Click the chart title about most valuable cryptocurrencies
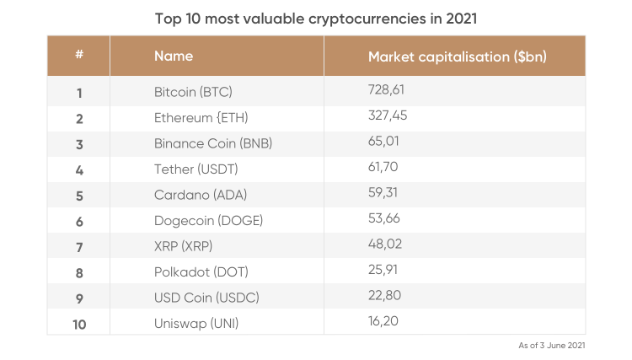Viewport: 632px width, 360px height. pyautogui.click(x=316, y=17)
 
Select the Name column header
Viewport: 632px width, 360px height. pyautogui.click(x=174, y=56)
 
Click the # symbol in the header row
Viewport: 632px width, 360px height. pyautogui.click(x=78, y=56)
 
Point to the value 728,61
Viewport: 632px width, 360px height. pyautogui.click(x=388, y=89)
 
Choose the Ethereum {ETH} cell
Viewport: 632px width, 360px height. pyautogui.click(x=201, y=117)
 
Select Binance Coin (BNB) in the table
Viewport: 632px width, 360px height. pyautogui.click(x=213, y=143)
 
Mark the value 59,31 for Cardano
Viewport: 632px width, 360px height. pyautogui.click(x=383, y=193)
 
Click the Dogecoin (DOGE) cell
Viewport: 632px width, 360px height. pyautogui.click(x=209, y=221)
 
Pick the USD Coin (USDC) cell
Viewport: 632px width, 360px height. pyautogui.click(x=206, y=298)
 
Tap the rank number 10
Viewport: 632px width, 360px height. pyautogui.click(x=78, y=324)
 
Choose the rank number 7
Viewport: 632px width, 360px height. pyautogui.click(x=78, y=246)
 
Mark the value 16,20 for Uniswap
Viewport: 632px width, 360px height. pyautogui.click(x=383, y=322)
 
